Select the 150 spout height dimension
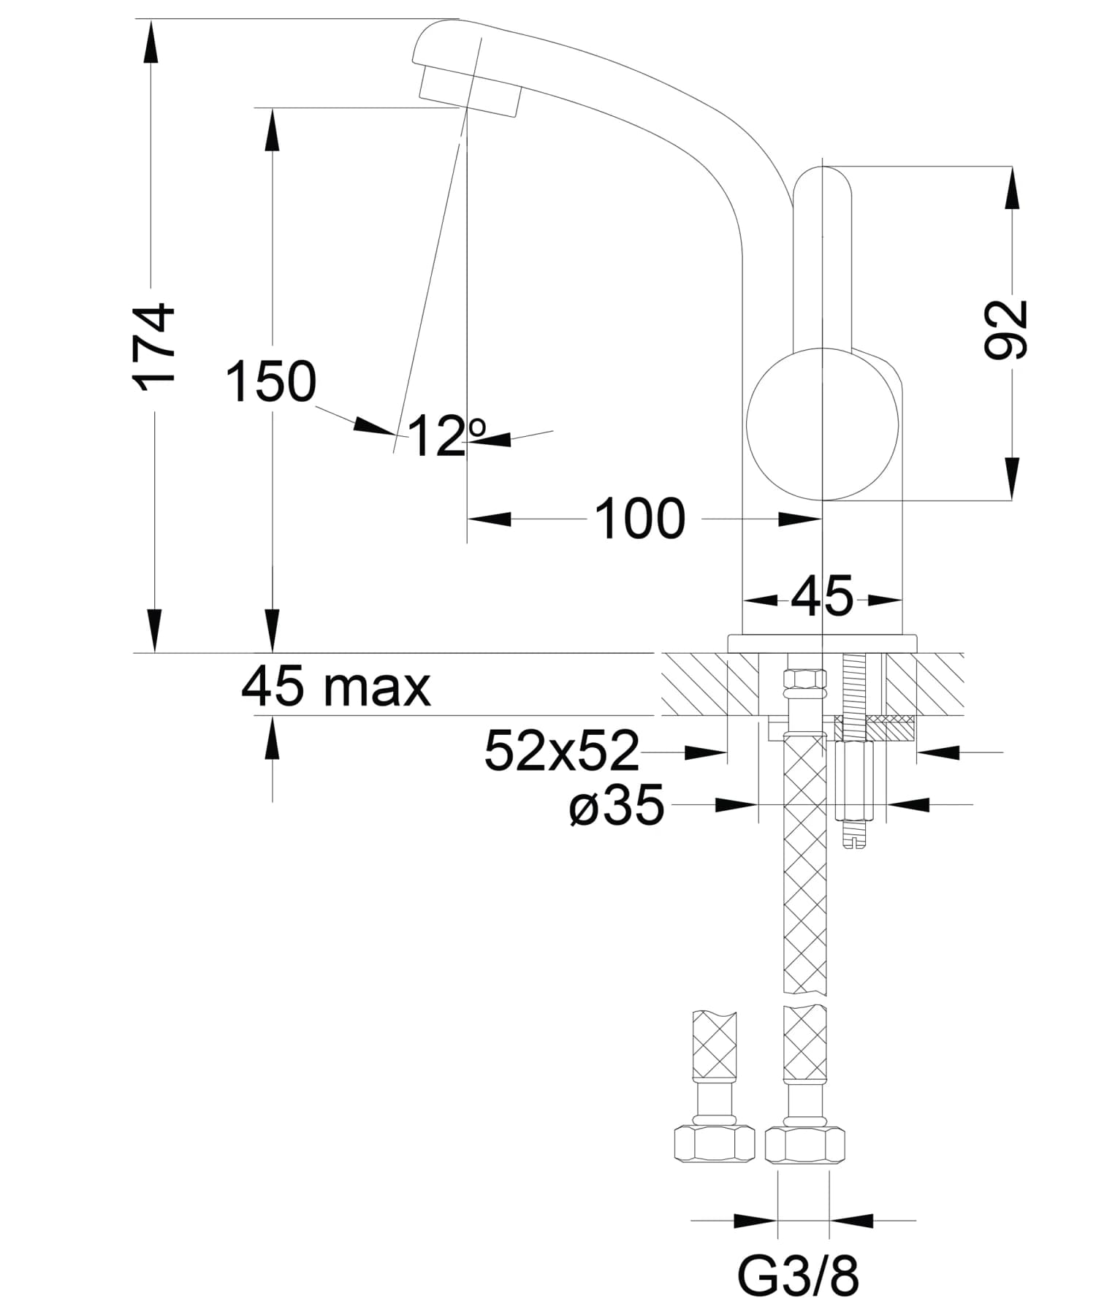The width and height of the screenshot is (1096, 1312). pyautogui.click(x=270, y=381)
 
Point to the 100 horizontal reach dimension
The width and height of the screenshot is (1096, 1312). pyautogui.click(x=640, y=519)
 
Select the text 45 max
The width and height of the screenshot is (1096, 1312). pyautogui.click(x=335, y=687)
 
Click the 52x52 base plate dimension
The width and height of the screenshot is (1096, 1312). pyautogui.click(x=561, y=751)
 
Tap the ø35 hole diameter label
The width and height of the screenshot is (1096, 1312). pyautogui.click(x=617, y=805)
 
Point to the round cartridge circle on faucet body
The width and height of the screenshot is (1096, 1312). pyautogui.click(x=822, y=424)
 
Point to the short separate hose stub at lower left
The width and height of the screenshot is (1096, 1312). pyautogui.click(x=714, y=1048)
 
